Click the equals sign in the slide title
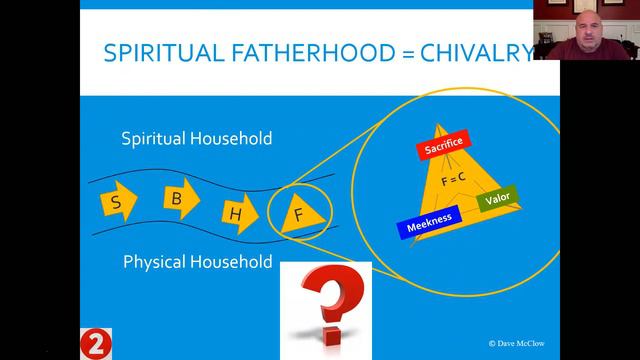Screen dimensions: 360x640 pyautogui.click(x=407, y=54)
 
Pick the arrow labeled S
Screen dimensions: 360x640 pyautogui.click(x=119, y=204)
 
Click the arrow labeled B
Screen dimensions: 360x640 pyautogui.click(x=177, y=199)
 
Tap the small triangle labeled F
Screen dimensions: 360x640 pyautogui.click(x=297, y=211)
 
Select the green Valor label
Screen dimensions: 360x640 pyautogui.click(x=497, y=201)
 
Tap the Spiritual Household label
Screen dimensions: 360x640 pyautogui.click(x=196, y=139)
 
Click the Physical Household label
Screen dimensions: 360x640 pyautogui.click(x=197, y=263)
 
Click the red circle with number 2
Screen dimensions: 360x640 pyautogui.click(x=94, y=343)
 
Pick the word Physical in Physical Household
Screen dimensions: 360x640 pyautogui.click(x=155, y=263)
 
